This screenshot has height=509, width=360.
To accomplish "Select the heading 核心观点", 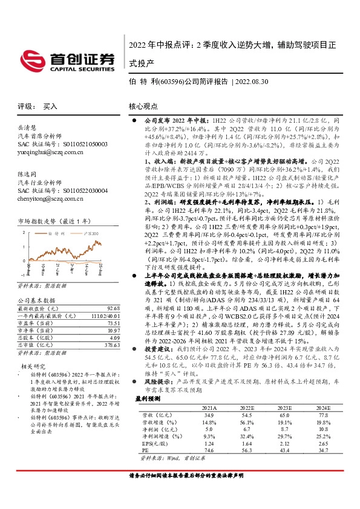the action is point(144,105).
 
